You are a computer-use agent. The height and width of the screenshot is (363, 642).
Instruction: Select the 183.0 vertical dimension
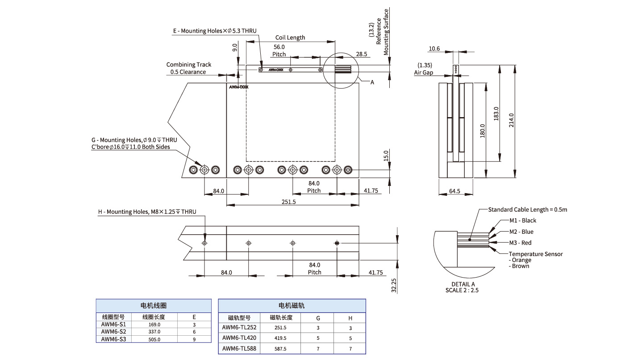pyautogui.click(x=496, y=113)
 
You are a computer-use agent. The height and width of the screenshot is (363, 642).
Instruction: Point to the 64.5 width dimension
pyautogui.click(x=454, y=191)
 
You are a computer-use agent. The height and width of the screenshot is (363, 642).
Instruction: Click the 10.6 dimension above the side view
pyautogui.click(x=434, y=49)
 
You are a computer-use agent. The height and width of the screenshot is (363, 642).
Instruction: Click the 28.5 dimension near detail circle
pyautogui.click(x=362, y=54)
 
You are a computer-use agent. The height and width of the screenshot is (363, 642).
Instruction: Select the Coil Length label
pyautogui.click(x=290, y=38)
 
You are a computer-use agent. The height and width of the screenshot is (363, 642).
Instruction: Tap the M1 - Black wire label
pyautogui.click(x=523, y=220)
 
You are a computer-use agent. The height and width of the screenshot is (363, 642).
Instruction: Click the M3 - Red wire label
pyautogui.click(x=521, y=243)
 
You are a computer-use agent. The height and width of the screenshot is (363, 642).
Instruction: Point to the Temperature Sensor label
pyautogui.click(x=536, y=254)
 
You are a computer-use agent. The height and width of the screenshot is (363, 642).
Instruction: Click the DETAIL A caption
pyautogui.click(x=463, y=284)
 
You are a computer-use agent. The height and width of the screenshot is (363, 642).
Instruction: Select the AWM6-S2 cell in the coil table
pyautogui.click(x=114, y=332)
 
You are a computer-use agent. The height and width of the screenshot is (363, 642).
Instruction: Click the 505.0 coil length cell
pyautogui.click(x=154, y=339)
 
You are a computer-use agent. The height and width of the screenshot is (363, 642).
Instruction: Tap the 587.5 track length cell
pyautogui.click(x=281, y=348)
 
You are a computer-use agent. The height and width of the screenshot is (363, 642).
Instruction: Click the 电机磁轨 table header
pyautogui.click(x=292, y=306)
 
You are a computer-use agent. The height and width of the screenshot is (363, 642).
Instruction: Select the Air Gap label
pyautogui.click(x=424, y=72)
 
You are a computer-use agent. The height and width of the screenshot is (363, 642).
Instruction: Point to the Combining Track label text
pyautogui.click(x=189, y=65)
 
